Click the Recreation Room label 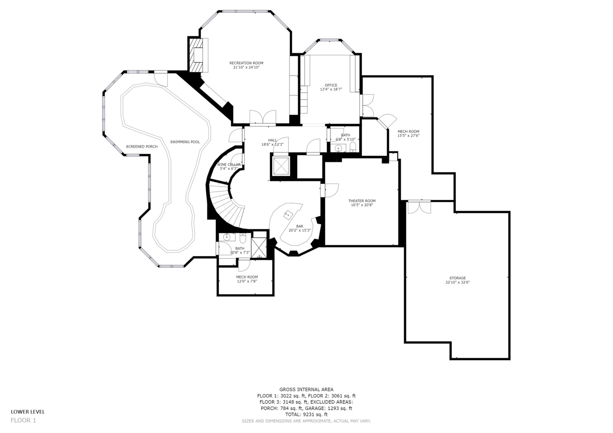coord(246,63)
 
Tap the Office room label coord(331,85)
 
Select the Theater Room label coord(361,201)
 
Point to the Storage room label coord(457,278)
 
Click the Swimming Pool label coord(185,142)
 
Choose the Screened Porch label coord(142,146)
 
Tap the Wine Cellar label coord(229,164)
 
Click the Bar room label coord(300,226)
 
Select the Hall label coord(272,140)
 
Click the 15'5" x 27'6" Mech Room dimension coord(408,136)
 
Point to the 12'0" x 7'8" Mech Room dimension coord(247,281)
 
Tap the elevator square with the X coord(280,166)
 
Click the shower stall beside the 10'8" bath coord(259,249)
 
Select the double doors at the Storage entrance coord(419,206)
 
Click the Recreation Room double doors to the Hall coord(262,117)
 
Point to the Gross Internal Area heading coord(306,389)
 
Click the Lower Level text coord(28,411)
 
